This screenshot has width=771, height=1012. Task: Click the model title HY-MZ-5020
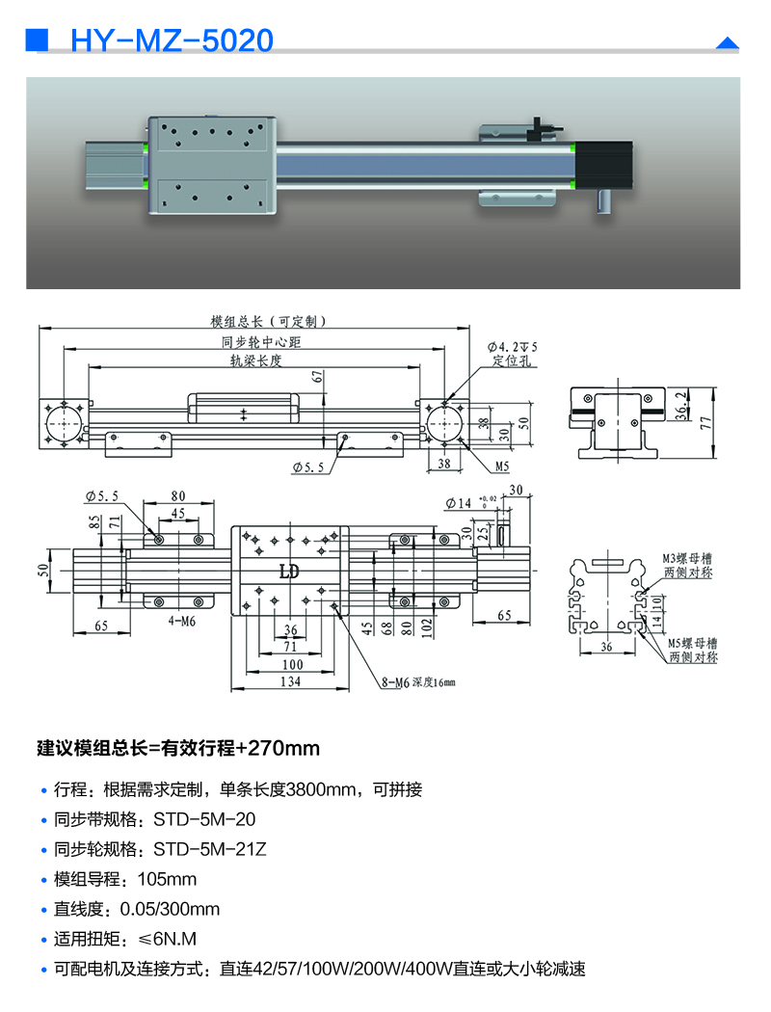173,40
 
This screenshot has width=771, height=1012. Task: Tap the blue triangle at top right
727,42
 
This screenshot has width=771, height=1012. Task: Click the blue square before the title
37,40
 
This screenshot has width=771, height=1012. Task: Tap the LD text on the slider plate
288,572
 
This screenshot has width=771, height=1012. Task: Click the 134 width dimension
290,682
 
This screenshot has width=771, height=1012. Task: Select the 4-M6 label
182,623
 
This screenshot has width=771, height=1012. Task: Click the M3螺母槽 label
687,558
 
